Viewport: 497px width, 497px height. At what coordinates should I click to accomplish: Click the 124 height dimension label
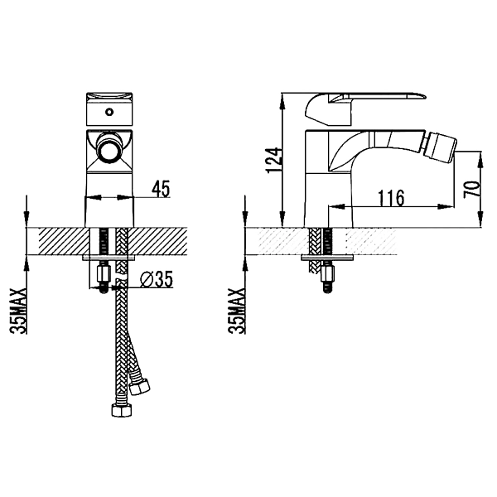pyautogui.click(x=273, y=160)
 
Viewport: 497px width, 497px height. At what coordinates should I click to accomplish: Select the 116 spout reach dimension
pyautogui.click(x=392, y=198)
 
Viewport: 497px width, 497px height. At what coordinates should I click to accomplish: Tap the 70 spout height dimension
pyautogui.click(x=471, y=190)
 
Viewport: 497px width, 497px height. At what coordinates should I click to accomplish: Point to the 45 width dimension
pyautogui.click(x=161, y=189)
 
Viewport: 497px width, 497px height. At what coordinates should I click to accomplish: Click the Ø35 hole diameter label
pyautogui.click(x=157, y=279)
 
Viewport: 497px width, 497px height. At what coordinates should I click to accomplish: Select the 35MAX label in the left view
pyautogui.click(x=17, y=311)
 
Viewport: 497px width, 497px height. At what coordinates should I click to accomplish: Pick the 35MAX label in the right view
pyautogui.click(x=236, y=311)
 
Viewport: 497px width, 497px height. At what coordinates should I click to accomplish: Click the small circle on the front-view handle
pyautogui.click(x=109, y=112)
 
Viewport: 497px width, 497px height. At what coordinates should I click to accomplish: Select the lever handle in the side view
pyautogui.click(x=364, y=109)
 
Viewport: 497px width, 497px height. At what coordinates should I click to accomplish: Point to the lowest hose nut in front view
pyautogui.click(x=122, y=410)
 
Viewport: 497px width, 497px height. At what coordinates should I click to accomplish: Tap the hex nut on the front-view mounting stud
pyautogui.click(x=104, y=273)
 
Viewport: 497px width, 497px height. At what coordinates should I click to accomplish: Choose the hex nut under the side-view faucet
pyautogui.click(x=328, y=273)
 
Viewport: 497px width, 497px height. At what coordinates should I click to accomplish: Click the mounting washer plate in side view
pyautogui.click(x=327, y=258)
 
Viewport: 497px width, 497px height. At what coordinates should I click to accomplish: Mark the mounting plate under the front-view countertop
pyautogui.click(x=109, y=258)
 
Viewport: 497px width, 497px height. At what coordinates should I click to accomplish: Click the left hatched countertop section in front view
pyautogui.click(x=65, y=241)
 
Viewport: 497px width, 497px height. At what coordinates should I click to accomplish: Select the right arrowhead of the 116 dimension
pyautogui.click(x=446, y=206)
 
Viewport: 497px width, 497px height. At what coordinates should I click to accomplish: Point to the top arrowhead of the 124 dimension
pyautogui.click(x=282, y=101)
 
